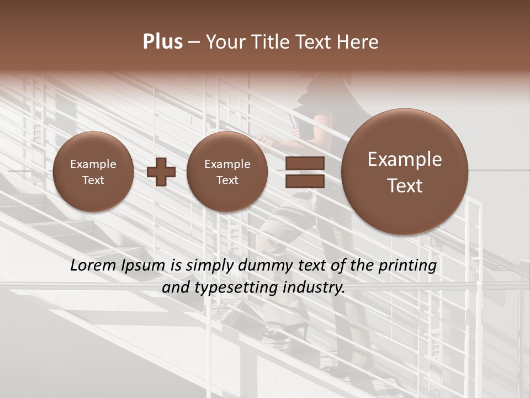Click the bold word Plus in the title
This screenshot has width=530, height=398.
click(162, 42)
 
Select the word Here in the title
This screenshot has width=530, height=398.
click(359, 42)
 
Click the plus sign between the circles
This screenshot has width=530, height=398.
click(161, 172)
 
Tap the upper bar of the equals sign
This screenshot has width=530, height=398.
click(305, 163)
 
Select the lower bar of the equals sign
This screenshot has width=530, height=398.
click(305, 181)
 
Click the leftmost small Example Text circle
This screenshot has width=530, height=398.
click(93, 172)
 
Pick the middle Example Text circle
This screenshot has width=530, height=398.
click(227, 172)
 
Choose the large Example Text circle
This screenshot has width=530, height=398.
click(405, 172)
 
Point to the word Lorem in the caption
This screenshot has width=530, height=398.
click(93, 265)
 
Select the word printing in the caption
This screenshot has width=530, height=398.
click(407, 266)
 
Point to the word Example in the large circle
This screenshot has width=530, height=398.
click(405, 159)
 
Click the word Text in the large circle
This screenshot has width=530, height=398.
click(405, 186)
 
